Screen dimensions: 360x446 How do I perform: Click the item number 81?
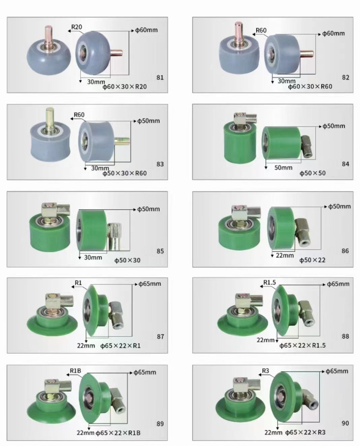160,77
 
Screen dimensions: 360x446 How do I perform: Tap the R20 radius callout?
76,27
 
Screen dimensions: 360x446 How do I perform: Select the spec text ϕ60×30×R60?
310,87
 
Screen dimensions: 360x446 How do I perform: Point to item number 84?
346,164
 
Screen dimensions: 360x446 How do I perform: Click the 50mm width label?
283,167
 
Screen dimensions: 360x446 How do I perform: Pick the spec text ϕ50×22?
312,260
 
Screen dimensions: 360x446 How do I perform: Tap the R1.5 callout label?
270,282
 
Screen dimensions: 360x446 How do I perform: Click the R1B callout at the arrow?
75,371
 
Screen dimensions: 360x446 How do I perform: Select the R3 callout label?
265,371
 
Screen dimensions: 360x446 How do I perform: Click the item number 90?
345,423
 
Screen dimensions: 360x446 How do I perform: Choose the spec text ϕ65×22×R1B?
118,433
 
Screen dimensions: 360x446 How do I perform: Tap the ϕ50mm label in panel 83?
149,121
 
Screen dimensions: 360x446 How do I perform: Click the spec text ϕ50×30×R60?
124,173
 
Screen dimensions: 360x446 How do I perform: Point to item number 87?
160,337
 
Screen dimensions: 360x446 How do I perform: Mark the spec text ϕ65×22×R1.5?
302,345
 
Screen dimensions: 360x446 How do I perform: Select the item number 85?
160,251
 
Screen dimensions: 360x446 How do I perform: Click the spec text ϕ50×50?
313,173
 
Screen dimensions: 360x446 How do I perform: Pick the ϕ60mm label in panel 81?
146,30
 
